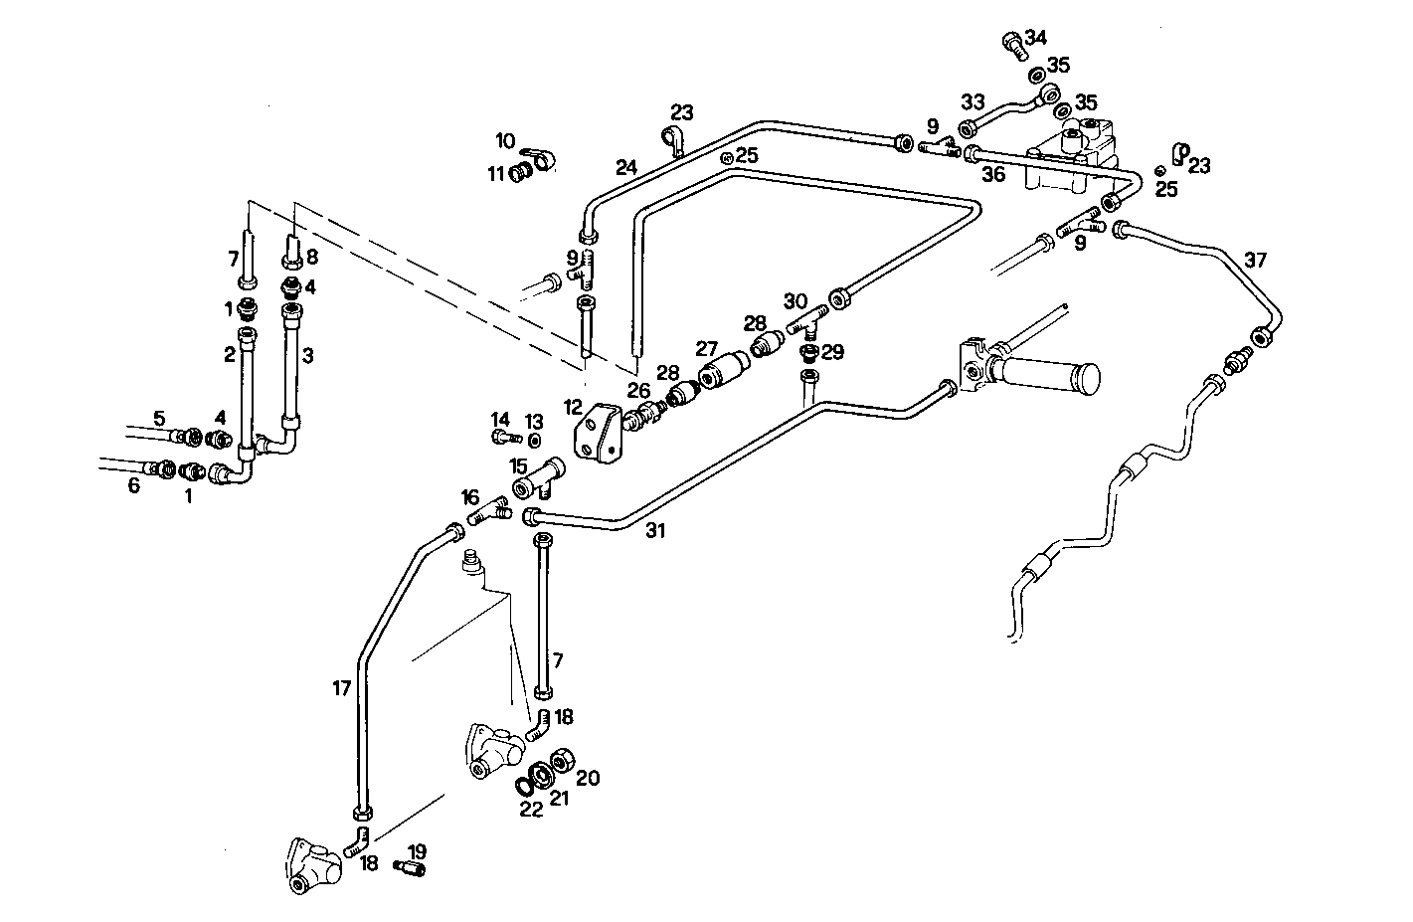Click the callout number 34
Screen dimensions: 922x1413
1036,38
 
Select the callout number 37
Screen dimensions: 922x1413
1256,261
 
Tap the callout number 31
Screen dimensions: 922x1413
654,531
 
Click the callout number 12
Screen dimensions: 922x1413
572,407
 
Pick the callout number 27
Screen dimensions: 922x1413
706,349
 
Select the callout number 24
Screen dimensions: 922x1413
625,167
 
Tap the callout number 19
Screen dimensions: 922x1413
417,851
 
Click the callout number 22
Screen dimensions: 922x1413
531,810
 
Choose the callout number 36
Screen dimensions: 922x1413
993,174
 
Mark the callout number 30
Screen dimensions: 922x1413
795,301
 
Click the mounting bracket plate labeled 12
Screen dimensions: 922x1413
599,438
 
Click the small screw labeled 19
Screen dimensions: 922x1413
410,869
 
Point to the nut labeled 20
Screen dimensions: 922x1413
562,761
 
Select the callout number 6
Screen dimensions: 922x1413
133,486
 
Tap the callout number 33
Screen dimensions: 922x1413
971,101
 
